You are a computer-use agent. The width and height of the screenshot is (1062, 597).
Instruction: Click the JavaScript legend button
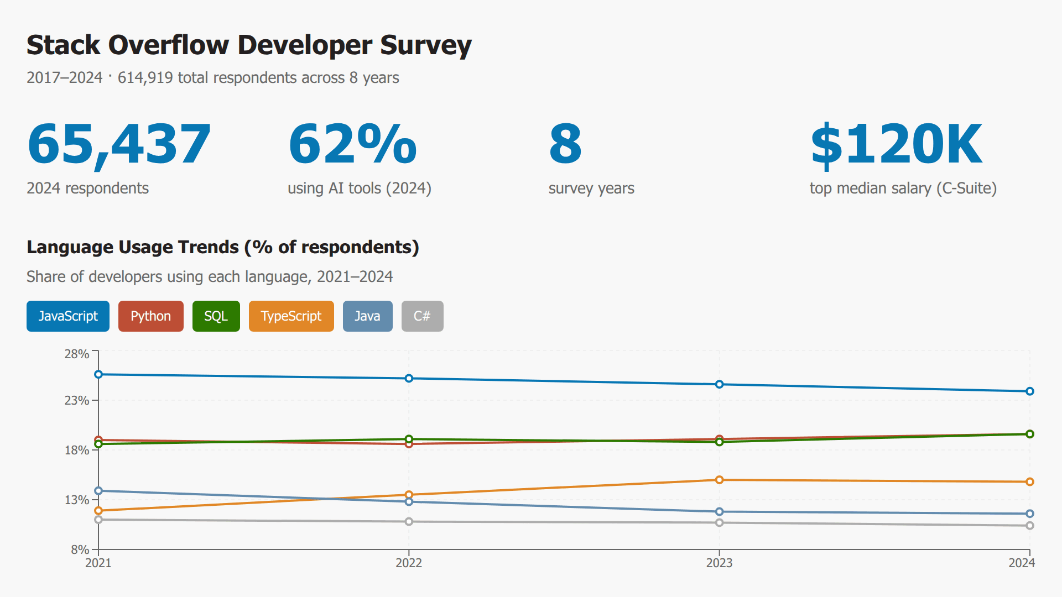67,316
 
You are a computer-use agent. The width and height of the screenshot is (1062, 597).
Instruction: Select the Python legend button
150,316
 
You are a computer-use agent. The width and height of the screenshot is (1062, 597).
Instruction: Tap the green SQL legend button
216,316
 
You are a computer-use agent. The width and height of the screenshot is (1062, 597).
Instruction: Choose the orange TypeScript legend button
291,316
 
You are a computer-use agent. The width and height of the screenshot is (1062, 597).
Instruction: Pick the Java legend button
367,316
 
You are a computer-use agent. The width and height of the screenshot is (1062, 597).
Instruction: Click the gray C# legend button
422,316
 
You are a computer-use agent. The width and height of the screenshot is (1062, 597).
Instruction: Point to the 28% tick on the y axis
77,354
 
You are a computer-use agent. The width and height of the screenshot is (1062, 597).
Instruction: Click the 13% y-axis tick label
77,500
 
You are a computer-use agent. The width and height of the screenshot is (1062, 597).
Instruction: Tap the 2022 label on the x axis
409,563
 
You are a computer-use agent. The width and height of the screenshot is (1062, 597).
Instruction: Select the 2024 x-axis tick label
1021,563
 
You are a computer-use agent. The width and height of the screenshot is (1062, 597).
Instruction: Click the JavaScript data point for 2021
98,374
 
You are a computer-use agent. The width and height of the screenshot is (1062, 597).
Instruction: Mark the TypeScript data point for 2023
719,480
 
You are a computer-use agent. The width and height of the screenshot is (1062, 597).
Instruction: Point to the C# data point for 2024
1029,526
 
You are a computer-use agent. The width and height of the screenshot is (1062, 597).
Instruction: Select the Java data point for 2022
409,501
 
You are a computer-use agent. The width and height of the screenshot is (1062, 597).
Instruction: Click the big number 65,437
119,144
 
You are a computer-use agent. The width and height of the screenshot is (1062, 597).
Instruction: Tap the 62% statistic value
352,144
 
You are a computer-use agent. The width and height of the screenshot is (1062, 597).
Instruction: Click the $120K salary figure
896,144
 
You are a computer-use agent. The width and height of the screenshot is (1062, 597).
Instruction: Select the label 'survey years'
591,188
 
